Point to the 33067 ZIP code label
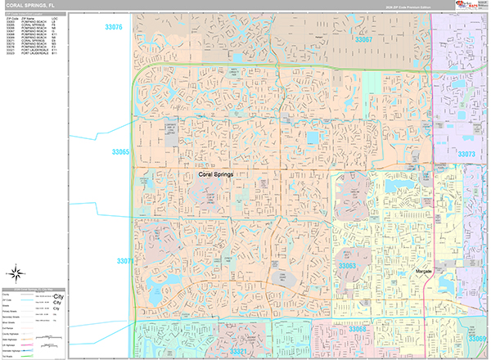click(363, 39)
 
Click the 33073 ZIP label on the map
click(466, 154)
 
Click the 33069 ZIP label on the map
click(478, 338)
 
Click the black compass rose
click(16, 272)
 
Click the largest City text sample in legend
click(57, 295)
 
